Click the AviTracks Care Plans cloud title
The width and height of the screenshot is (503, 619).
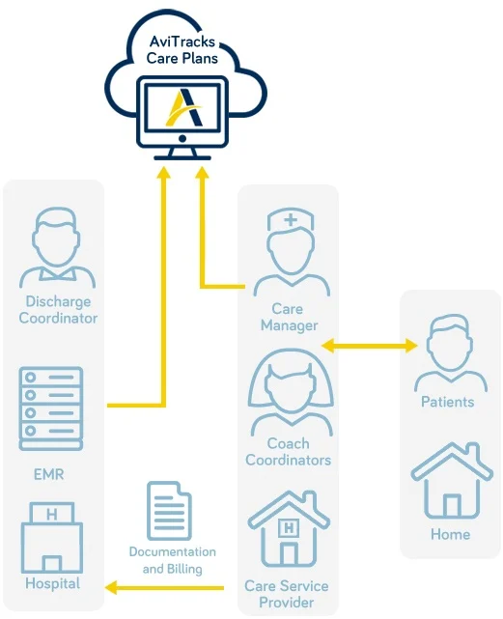[x=182, y=50]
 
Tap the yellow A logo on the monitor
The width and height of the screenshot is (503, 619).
[x=184, y=107]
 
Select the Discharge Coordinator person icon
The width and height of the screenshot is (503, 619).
[x=58, y=248]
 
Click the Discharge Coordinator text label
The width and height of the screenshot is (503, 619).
[x=58, y=309]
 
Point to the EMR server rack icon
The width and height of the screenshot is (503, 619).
[x=51, y=409]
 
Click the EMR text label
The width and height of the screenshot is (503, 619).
[x=49, y=474]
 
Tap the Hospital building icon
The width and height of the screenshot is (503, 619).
[x=52, y=537]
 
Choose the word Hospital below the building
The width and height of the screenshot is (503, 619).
[x=52, y=583]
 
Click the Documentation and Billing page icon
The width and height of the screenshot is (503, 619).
[x=169, y=511]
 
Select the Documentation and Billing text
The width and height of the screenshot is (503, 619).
[x=173, y=560]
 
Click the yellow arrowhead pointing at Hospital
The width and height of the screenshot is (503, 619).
[x=111, y=587]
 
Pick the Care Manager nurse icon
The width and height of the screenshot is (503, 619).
[x=292, y=253]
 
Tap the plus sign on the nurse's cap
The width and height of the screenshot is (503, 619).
[x=291, y=219]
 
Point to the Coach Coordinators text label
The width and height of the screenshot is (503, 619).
[x=289, y=452]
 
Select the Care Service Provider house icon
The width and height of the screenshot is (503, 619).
[x=289, y=529]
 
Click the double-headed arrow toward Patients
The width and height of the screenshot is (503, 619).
[x=370, y=346]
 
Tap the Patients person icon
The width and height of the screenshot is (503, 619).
[x=451, y=352]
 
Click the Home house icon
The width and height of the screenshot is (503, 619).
[x=452, y=481]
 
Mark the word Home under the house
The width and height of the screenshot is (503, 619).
[x=451, y=535]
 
